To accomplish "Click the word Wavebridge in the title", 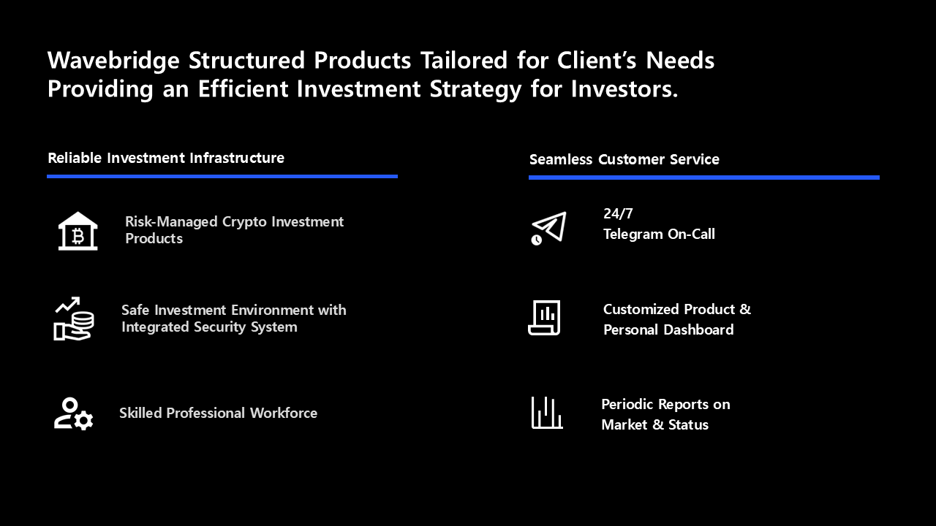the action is click(113, 61).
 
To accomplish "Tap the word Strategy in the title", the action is click(475, 89).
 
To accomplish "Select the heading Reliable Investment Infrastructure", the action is click(166, 159).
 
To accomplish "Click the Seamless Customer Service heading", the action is click(624, 159).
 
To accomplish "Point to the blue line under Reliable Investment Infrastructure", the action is click(222, 177).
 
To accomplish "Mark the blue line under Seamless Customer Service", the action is click(704, 178).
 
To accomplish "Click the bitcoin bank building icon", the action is click(78, 231).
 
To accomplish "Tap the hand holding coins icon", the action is click(74, 319).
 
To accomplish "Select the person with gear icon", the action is click(74, 413).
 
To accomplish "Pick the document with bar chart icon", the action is click(544, 318).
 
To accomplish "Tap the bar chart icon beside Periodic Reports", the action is click(547, 413).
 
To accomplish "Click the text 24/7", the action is click(618, 214).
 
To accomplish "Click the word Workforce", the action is click(284, 413).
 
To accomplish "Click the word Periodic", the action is click(627, 404).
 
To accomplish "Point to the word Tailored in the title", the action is click(464, 61).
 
